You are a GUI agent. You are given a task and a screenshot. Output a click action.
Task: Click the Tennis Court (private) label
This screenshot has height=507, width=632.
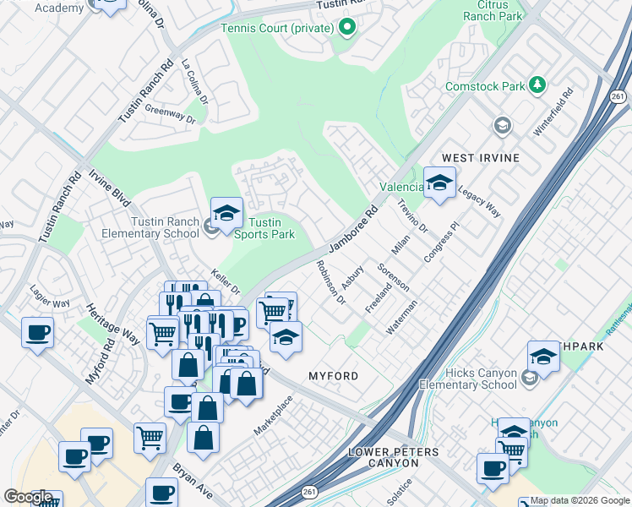(276, 28)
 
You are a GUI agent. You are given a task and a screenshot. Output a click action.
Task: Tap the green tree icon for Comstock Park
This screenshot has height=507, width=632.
(537, 84)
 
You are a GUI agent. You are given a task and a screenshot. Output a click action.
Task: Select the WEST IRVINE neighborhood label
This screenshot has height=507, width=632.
(480, 158)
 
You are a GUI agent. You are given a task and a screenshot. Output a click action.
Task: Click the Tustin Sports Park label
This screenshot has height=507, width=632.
(263, 228)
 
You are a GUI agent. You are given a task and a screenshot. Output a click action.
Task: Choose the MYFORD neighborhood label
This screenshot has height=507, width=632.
(333, 375)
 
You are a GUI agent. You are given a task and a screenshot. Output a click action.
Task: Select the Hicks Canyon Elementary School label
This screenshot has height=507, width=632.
(464, 379)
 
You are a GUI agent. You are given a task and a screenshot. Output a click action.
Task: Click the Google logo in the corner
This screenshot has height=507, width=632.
(28, 497)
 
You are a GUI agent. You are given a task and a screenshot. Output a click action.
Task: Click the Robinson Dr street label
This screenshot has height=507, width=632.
(330, 282)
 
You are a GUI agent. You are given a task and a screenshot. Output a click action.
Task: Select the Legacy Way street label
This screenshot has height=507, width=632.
(479, 203)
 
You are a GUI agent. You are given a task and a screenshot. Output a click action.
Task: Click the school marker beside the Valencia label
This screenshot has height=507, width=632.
(439, 183)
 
